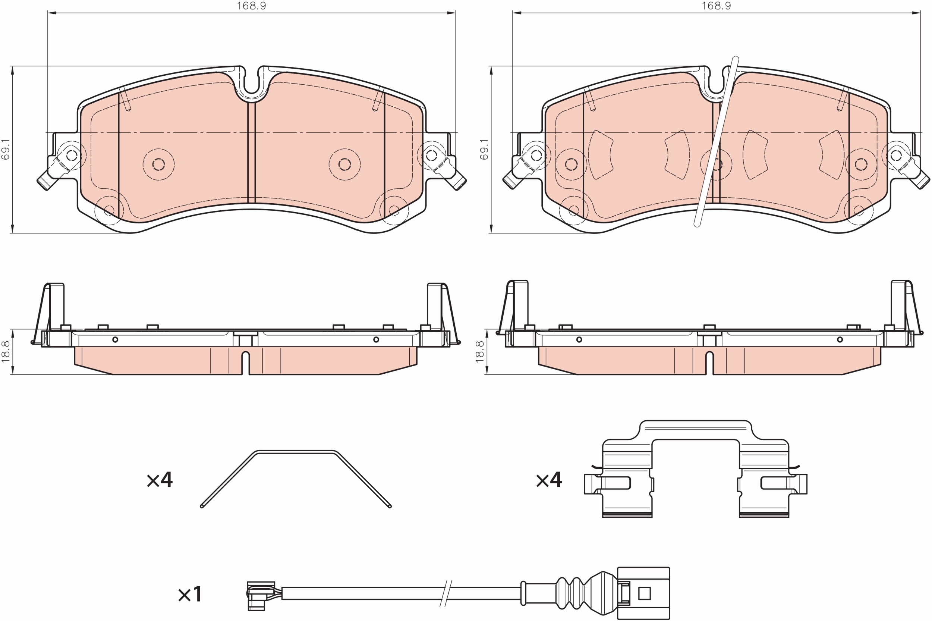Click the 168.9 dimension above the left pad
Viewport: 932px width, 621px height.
pos(251,6)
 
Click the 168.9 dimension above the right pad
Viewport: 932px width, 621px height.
pos(716,6)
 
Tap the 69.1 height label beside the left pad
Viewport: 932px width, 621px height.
pos(6,149)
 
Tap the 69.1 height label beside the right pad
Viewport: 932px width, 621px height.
pos(484,149)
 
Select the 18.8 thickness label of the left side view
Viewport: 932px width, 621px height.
pos(6,352)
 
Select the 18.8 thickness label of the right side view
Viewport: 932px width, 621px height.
pos(480,352)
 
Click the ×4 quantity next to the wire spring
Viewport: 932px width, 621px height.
pos(160,480)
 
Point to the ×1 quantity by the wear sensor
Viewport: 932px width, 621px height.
pos(190,595)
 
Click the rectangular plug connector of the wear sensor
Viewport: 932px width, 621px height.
pos(643,593)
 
